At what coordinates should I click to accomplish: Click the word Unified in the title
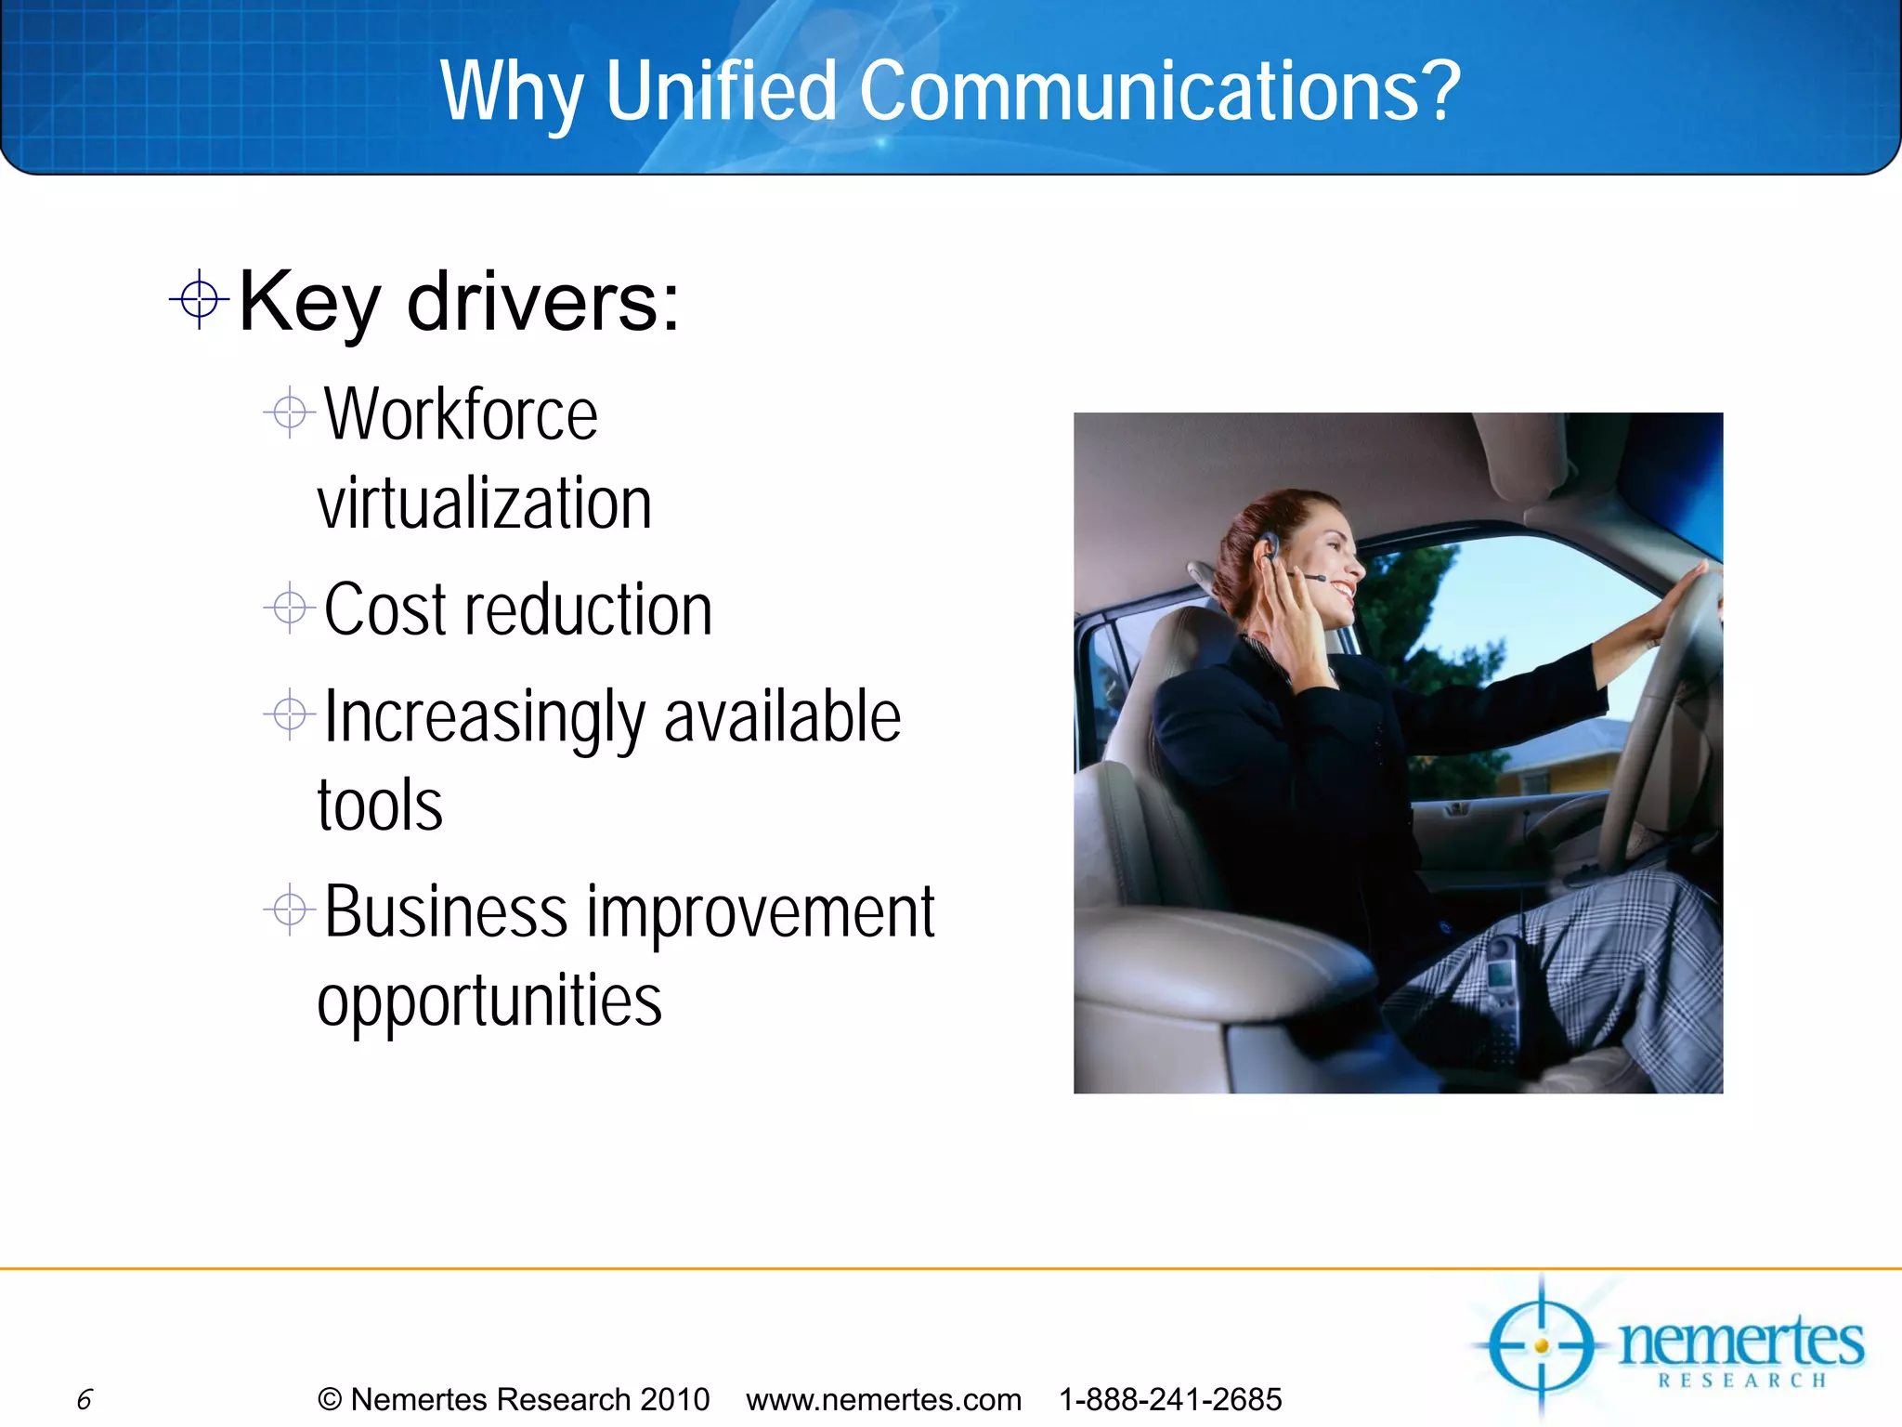tap(722, 90)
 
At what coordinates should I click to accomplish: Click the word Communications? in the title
tap(1160, 90)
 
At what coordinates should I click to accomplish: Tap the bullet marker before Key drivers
tap(199, 299)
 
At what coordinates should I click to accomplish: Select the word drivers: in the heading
tap(543, 302)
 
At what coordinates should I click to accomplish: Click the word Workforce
tap(461, 415)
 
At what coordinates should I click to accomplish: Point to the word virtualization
tap(484, 504)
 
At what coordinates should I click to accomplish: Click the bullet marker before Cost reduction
tap(290, 609)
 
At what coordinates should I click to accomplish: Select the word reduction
tap(589, 610)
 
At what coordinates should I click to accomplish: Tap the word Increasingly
tap(485, 718)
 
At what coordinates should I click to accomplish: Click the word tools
tap(380, 805)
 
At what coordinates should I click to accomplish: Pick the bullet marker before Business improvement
tap(290, 910)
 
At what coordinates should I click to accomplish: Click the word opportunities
tap(489, 1002)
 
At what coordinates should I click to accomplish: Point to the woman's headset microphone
tap(1314, 579)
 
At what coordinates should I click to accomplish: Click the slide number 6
tap(85, 1399)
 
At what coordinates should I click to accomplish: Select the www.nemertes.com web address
tap(883, 1399)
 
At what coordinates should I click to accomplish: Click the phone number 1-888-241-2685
tap(1170, 1399)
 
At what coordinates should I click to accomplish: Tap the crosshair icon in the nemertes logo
tap(1541, 1346)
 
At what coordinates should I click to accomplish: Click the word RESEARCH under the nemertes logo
tap(1742, 1381)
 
